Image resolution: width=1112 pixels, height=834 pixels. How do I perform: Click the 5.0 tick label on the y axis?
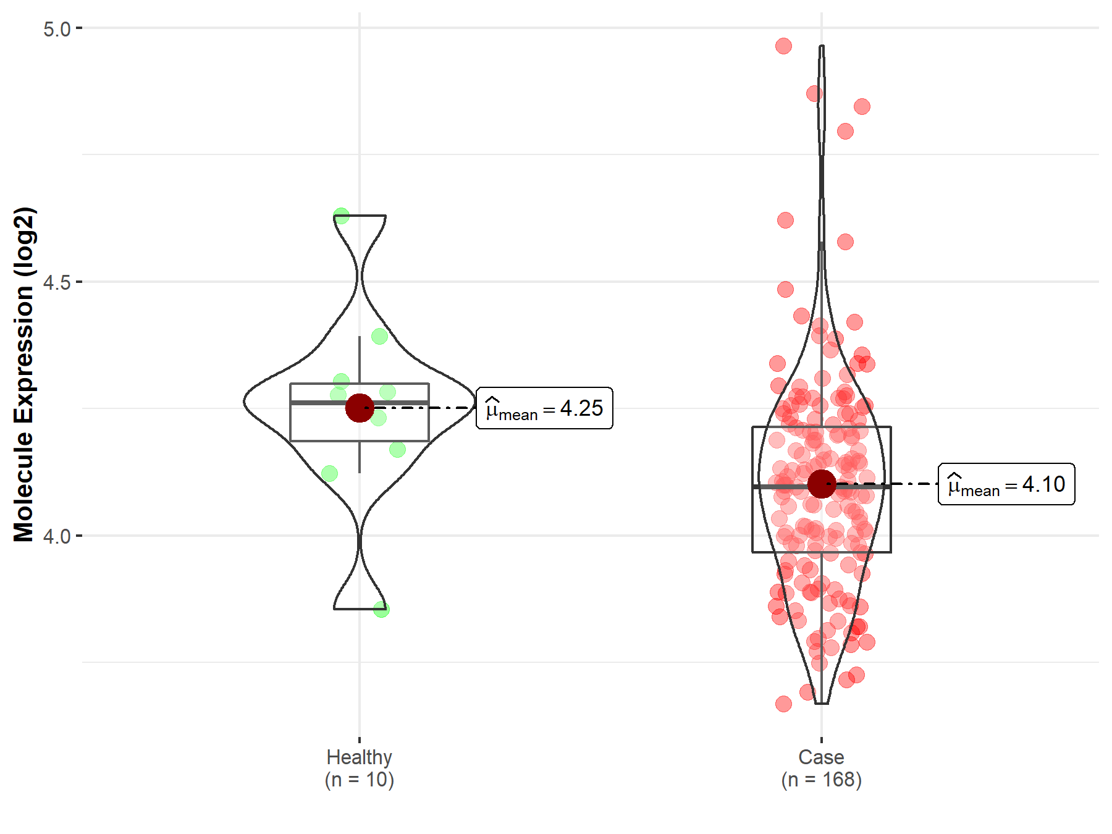[x=57, y=29]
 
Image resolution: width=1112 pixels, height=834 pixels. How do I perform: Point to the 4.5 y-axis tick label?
[x=57, y=283]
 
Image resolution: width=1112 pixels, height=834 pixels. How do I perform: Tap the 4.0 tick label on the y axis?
[x=57, y=536]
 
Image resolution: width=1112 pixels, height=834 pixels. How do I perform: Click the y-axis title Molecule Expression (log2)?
[x=23, y=374]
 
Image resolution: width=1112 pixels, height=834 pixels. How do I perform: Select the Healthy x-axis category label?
[x=359, y=757]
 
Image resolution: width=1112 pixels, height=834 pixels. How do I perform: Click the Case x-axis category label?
[x=821, y=757]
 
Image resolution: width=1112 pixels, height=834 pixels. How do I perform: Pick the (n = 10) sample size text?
[x=359, y=780]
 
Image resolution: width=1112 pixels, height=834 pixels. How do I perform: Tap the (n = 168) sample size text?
[x=821, y=780]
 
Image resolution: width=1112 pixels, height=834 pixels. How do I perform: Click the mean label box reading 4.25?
[x=544, y=408]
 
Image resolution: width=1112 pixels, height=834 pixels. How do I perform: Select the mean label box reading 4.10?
[x=1006, y=484]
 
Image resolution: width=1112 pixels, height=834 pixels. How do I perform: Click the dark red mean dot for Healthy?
[x=360, y=408]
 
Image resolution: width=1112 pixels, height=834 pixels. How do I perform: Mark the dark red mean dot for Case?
[x=822, y=484]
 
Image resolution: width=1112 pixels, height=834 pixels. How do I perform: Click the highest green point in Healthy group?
[x=341, y=216]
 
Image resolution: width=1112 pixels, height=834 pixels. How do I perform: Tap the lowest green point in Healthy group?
[x=381, y=610]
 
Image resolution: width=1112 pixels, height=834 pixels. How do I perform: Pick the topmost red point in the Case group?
[x=783, y=46]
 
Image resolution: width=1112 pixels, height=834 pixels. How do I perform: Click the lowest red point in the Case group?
[x=783, y=704]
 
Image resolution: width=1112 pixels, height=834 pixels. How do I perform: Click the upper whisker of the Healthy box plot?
[x=360, y=358]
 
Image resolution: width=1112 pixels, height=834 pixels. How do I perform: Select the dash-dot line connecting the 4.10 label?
[x=890, y=484]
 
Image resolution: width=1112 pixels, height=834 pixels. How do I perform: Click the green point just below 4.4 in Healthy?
[x=379, y=337]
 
